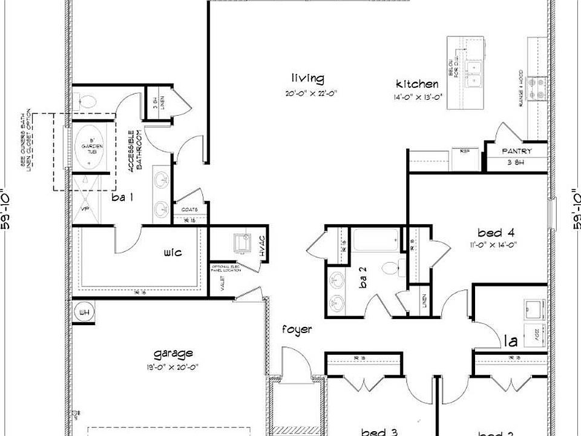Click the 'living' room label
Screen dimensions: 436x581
(307, 79)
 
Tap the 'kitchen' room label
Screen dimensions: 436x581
(417, 84)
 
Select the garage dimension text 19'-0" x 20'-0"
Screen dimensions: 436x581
(173, 366)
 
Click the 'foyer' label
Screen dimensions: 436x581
(297, 330)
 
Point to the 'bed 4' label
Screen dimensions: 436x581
(496, 233)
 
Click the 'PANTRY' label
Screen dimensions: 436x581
(517, 151)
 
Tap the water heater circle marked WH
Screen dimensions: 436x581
(83, 312)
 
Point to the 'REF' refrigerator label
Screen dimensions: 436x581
(465, 151)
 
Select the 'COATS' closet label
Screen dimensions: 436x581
(189, 210)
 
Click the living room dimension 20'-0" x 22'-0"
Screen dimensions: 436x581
(311, 94)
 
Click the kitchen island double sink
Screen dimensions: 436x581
(474, 72)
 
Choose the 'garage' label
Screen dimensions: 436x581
(172, 353)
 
